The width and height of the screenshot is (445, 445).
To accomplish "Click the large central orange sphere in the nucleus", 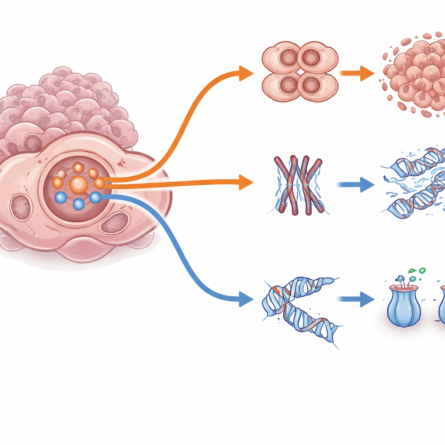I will click(x=78, y=184).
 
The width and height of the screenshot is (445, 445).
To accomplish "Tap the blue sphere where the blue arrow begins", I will click(x=96, y=198).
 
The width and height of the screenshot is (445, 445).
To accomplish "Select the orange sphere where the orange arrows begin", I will click(x=100, y=183).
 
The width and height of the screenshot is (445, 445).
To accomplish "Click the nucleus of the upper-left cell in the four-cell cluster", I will click(x=289, y=58).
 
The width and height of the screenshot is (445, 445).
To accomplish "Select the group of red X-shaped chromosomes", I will click(x=299, y=185).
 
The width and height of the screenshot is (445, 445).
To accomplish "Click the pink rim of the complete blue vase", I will click(x=404, y=288).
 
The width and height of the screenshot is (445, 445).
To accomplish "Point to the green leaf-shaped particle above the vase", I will click(x=412, y=271).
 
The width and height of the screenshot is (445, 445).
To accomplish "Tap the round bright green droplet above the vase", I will click(x=422, y=270).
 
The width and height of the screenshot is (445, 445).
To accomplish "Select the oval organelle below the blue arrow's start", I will click(x=116, y=223).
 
